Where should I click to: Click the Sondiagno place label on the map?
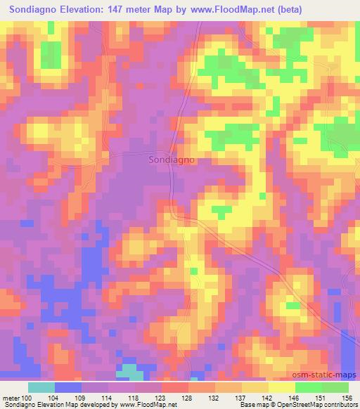(172, 160)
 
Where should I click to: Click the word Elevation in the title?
(101, 9)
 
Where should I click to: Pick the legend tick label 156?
(349, 397)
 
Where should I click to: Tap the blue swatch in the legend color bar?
(68, 387)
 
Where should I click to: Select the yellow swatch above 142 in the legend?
(255, 387)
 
